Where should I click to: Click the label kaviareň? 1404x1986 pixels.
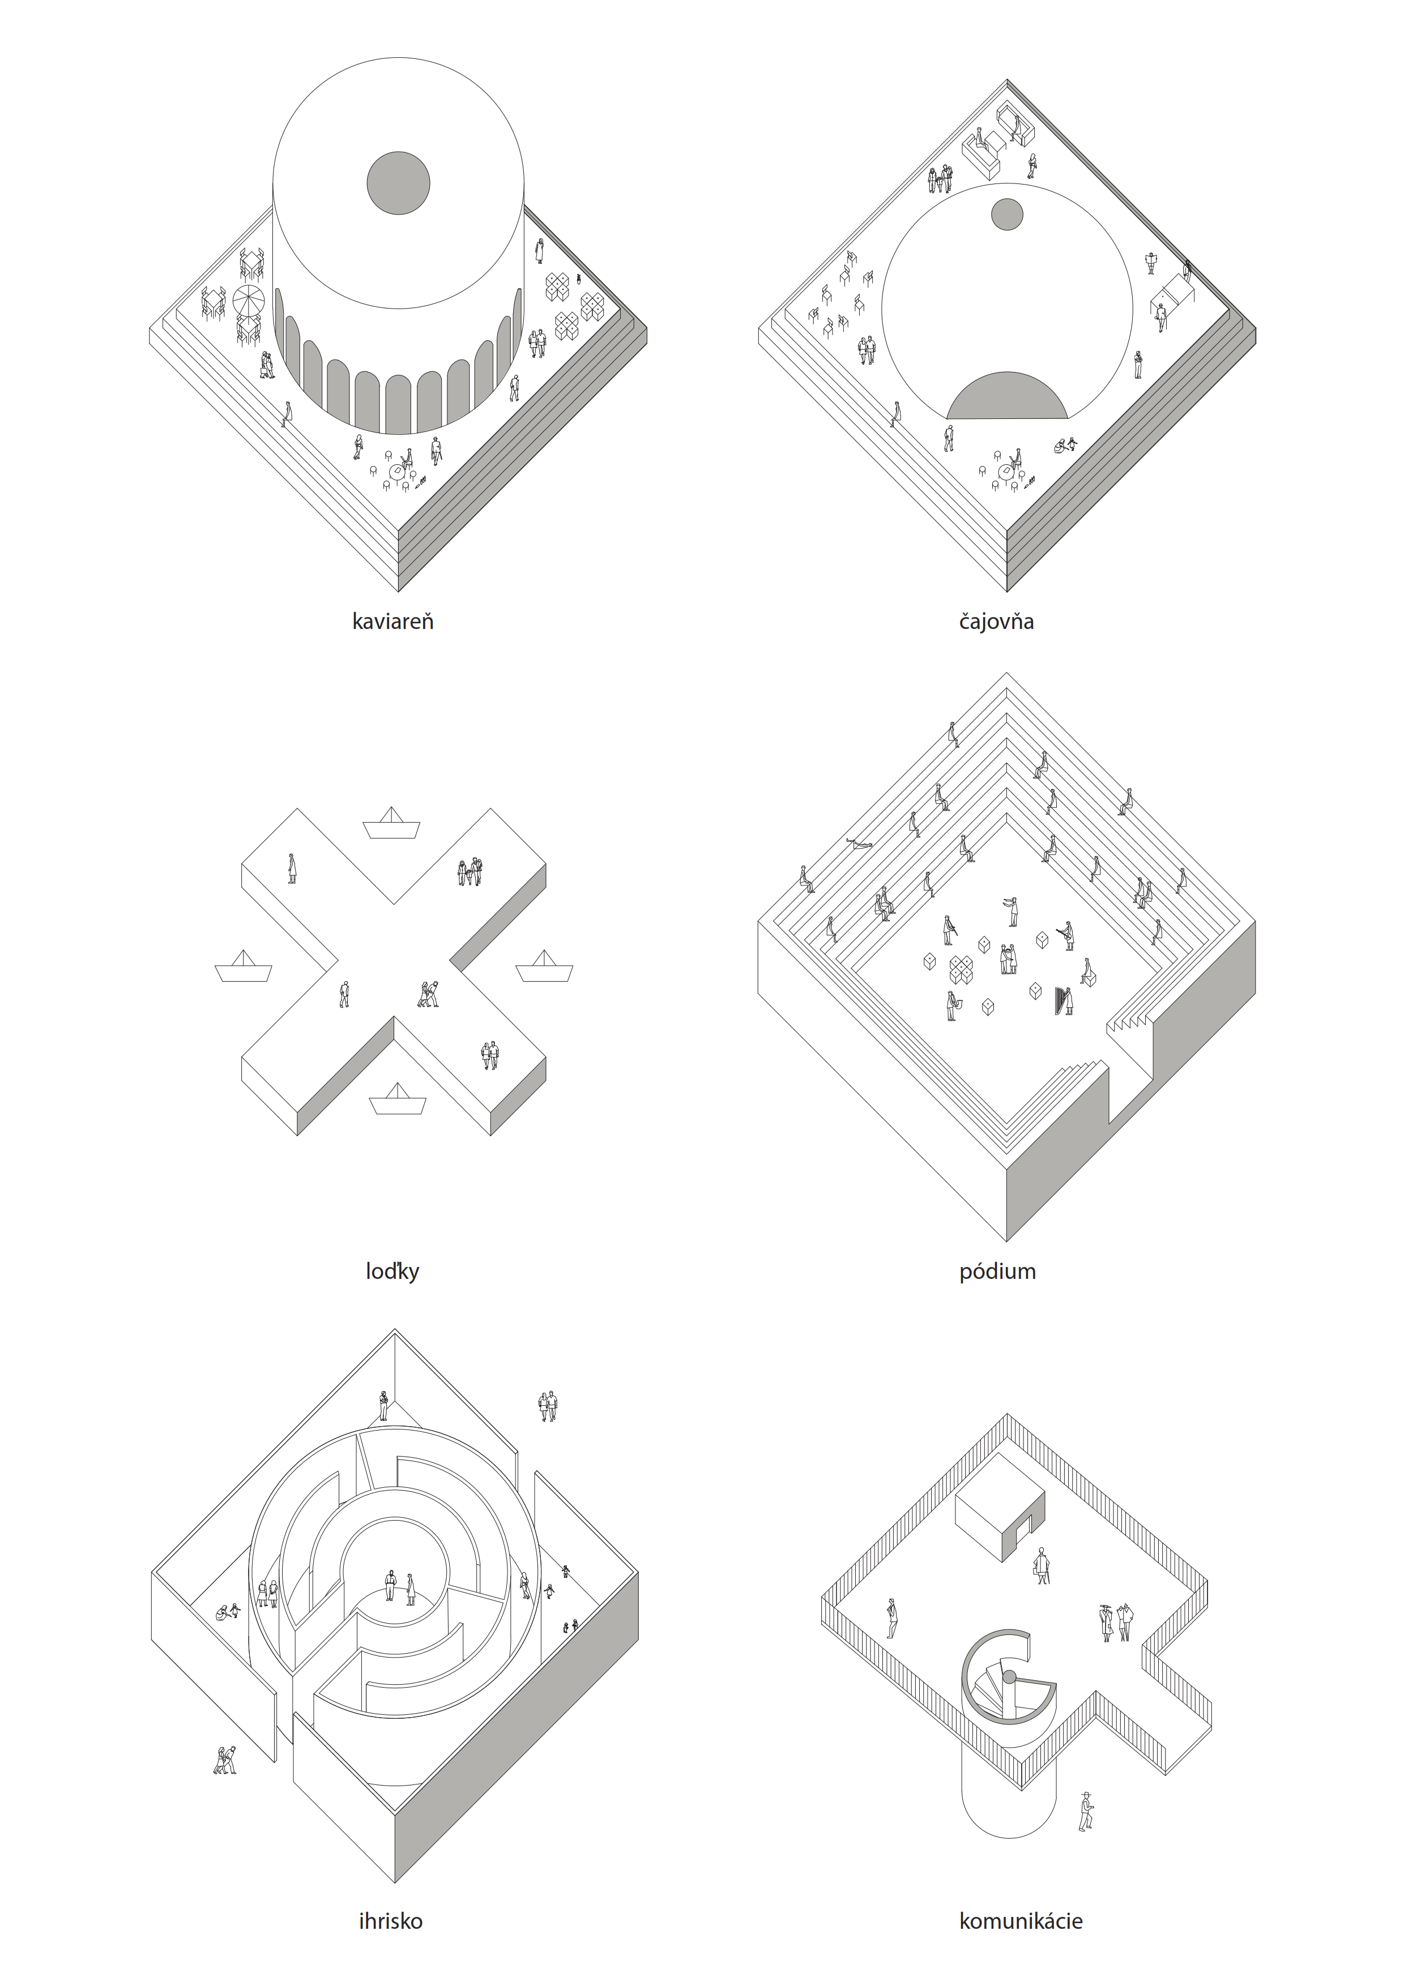pyautogui.click(x=392, y=621)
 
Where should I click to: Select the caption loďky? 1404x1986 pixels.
pyautogui.click(x=392, y=1270)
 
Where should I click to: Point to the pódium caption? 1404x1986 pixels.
pyautogui.click(x=997, y=1270)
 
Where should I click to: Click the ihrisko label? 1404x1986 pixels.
pyautogui.click(x=390, y=1921)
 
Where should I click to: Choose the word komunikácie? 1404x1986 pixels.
pyautogui.click(x=1021, y=1921)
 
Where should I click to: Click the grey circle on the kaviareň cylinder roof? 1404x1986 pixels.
pyautogui.click(x=398, y=183)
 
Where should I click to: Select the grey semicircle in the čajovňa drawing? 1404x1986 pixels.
pyautogui.click(x=1007, y=396)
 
